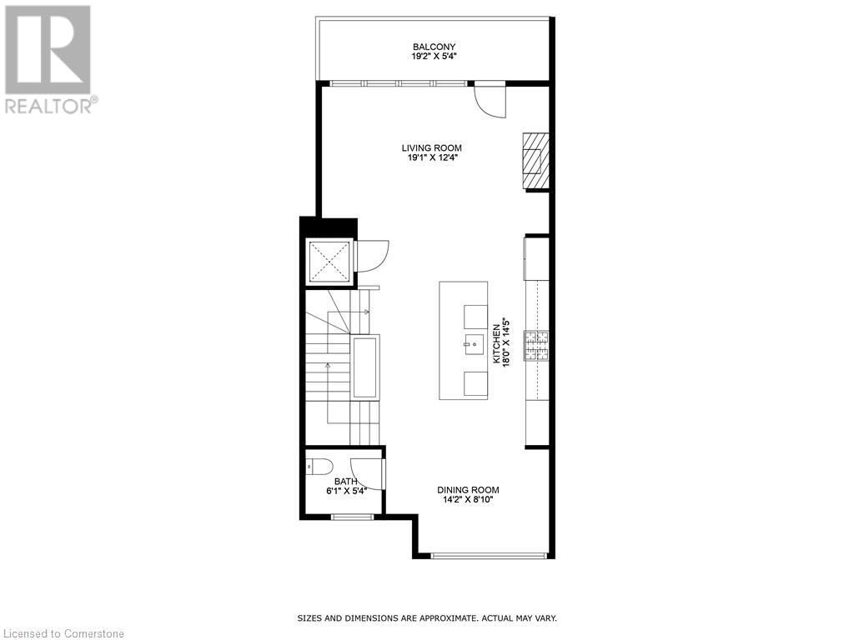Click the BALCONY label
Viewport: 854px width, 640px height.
click(x=434, y=47)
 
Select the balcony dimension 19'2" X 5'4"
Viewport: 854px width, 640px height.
click(x=434, y=57)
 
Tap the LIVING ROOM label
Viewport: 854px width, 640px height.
click(x=431, y=147)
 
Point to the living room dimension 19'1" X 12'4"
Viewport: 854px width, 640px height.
click(x=431, y=157)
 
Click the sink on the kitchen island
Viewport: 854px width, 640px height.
click(x=473, y=341)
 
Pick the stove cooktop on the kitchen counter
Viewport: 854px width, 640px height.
click(x=536, y=345)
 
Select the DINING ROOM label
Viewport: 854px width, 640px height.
click(x=468, y=490)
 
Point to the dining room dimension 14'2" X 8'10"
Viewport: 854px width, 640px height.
click(x=468, y=500)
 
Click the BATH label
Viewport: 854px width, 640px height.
click(x=345, y=481)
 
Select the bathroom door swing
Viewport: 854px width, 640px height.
click(x=367, y=473)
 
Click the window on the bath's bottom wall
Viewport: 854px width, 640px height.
click(x=352, y=517)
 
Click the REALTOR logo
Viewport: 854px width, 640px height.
click(x=50, y=57)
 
